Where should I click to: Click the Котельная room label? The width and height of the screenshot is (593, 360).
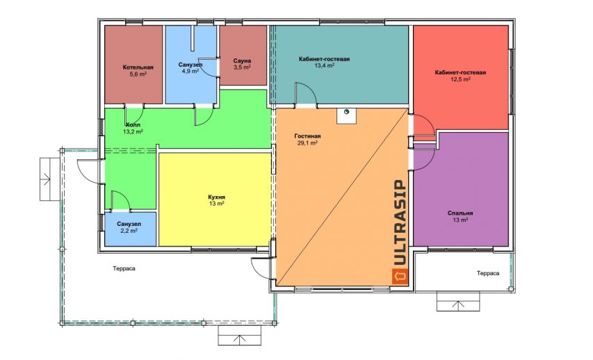pyautogui.click(x=138, y=67)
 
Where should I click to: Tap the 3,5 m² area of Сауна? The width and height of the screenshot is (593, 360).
pyautogui.click(x=242, y=67)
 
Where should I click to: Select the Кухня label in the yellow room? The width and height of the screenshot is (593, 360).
pyautogui.click(x=217, y=197)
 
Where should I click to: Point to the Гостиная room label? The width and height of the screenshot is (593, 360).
pyautogui.click(x=307, y=136)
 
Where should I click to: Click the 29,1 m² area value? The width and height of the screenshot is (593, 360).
pyautogui.click(x=307, y=143)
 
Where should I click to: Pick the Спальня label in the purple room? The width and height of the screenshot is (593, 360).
pyautogui.click(x=460, y=213)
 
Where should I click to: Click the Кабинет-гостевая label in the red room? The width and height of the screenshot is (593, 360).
pyautogui.click(x=460, y=72)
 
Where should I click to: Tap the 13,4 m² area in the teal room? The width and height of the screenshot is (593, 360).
pyautogui.click(x=324, y=65)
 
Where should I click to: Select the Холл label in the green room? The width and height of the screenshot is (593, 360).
pyautogui.click(x=133, y=125)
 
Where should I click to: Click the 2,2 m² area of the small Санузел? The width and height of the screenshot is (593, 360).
pyautogui.click(x=129, y=231)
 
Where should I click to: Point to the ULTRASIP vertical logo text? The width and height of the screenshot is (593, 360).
pyautogui.click(x=400, y=222)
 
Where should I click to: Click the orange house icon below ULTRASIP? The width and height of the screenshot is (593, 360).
pyautogui.click(x=400, y=276)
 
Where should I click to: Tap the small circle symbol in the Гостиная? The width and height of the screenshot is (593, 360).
pyautogui.click(x=346, y=112)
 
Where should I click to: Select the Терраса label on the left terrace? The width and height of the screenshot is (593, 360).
pyautogui.click(x=124, y=268)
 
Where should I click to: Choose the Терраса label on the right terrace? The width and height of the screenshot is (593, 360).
pyautogui.click(x=488, y=273)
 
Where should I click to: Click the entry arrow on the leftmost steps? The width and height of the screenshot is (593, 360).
pyautogui.click(x=45, y=179)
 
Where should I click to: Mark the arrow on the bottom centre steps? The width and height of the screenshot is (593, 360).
pyautogui.click(x=238, y=339)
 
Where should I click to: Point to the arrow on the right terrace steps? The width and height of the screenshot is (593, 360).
pyautogui.click(x=458, y=305)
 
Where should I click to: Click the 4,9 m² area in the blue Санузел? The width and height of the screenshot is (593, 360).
pyautogui.click(x=190, y=71)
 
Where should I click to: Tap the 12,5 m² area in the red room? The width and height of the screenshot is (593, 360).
pyautogui.click(x=461, y=79)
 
